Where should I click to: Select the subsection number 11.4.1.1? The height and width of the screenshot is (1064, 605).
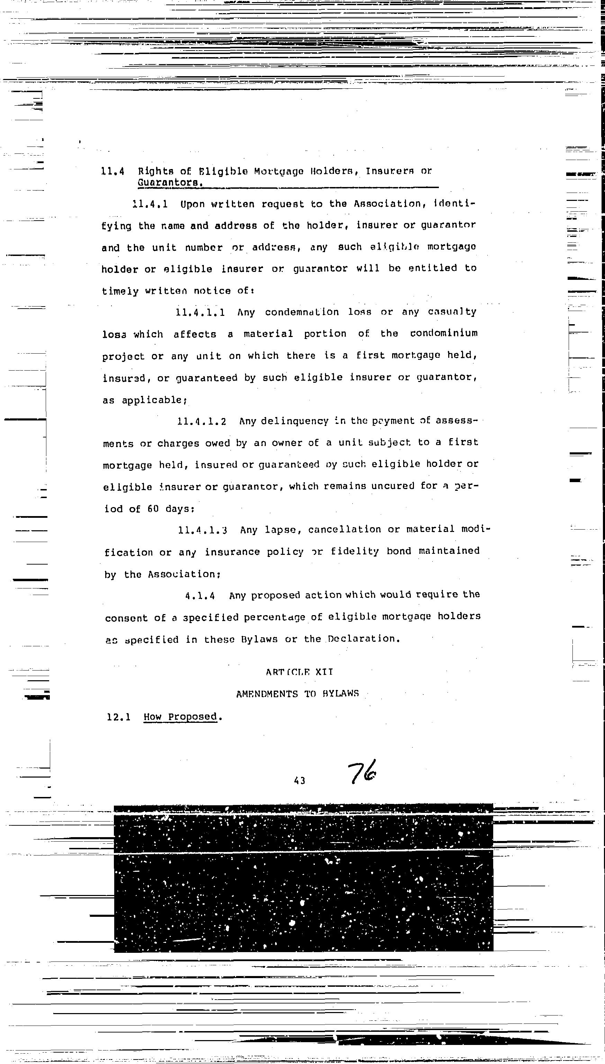point(200,312)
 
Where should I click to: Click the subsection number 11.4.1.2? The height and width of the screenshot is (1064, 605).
point(201,422)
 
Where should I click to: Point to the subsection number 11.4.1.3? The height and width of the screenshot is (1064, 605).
point(202,530)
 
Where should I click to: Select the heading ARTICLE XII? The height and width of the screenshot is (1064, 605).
point(299,672)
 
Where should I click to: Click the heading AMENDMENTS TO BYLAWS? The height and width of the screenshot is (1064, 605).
point(298,694)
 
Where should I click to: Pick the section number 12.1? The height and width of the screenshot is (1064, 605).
point(118,717)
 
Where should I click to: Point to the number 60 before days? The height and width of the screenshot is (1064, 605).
point(153,508)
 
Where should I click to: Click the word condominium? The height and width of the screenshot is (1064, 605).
point(443,333)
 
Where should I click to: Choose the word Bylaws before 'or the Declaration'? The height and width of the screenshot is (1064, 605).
point(259,639)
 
